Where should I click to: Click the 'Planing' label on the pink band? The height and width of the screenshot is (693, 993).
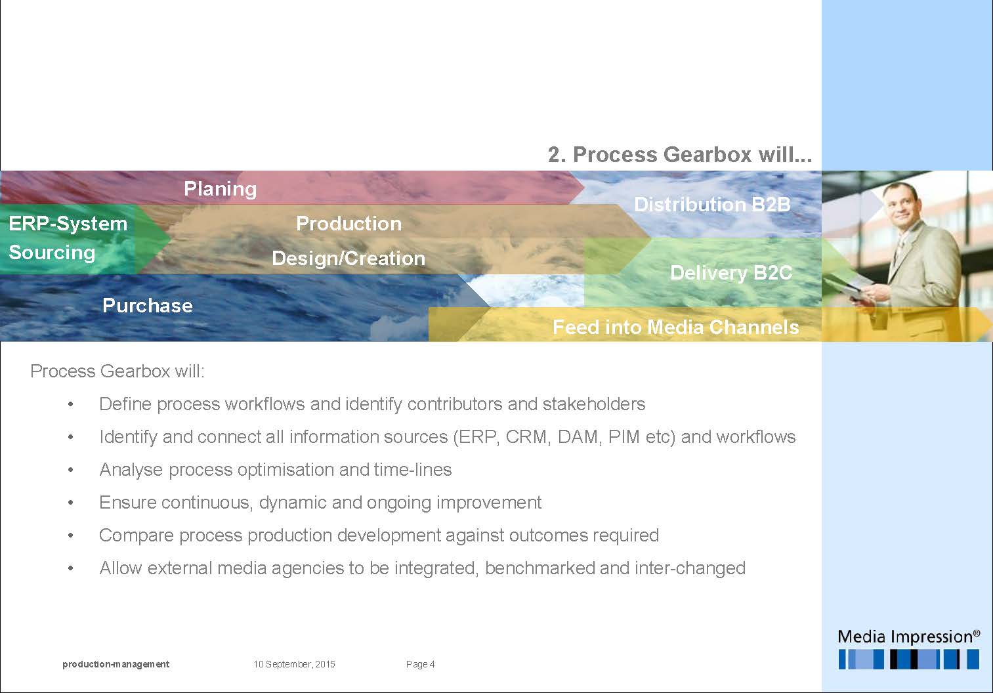tap(221, 189)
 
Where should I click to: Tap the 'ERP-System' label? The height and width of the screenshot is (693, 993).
tap(68, 224)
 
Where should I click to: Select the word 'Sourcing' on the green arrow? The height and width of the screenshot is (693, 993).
tap(52, 253)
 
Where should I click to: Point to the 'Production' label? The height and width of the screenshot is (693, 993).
tap(349, 224)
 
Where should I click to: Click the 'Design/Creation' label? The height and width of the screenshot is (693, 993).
tap(349, 259)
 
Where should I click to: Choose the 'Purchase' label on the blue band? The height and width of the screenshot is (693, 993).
tap(148, 306)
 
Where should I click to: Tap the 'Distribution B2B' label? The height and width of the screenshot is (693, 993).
tap(712, 204)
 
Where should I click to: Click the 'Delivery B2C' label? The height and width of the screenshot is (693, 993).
tap(731, 273)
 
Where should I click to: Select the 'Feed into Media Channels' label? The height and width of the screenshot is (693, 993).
tap(675, 327)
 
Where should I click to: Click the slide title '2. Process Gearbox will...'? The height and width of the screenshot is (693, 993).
tap(679, 155)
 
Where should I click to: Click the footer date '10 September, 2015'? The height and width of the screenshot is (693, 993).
tap(294, 664)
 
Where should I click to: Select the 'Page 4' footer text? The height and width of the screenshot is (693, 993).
tap(420, 664)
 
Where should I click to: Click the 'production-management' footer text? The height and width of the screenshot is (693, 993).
tap(116, 664)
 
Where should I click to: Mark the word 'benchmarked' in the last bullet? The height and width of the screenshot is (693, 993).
tap(539, 568)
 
